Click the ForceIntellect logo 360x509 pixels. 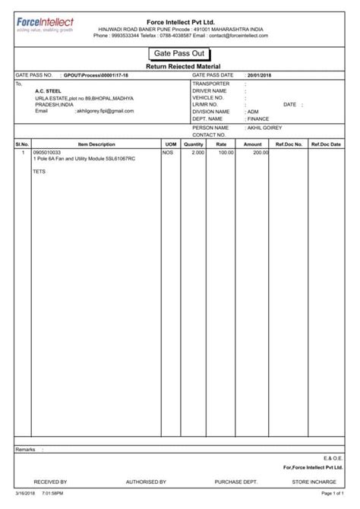coord(46,27)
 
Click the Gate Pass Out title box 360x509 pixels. coord(180,55)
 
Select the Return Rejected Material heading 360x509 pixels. coord(180,68)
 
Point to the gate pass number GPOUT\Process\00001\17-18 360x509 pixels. coord(95,76)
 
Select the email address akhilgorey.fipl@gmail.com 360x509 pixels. coord(105,111)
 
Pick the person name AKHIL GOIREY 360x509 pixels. coord(265,128)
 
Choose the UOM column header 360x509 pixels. coord(170,144)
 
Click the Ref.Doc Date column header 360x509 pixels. coord(326,144)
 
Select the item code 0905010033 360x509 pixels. coord(48,153)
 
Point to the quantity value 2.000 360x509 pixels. coord(197,153)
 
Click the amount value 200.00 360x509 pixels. coord(261,153)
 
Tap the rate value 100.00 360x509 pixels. coord(226,153)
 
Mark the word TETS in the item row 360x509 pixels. coord(39,172)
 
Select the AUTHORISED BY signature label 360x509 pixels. coord(146,482)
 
